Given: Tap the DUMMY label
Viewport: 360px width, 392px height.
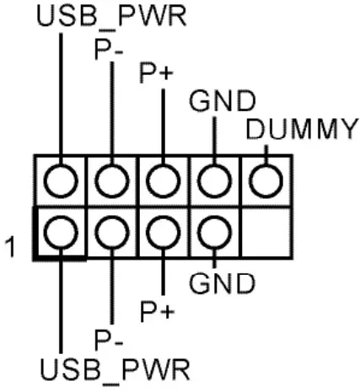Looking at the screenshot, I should coord(302,130).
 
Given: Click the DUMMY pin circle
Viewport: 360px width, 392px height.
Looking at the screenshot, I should coord(266,180).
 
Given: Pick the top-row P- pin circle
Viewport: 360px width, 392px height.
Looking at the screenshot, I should coord(110,180).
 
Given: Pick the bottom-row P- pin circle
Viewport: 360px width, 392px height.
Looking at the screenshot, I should coord(110,231).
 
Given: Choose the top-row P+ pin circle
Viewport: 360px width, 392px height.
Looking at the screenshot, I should coord(162,180).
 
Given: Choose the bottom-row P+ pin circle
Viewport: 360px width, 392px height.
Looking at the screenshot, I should coord(162,231).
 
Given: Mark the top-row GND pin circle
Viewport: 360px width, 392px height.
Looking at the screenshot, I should coord(213,180).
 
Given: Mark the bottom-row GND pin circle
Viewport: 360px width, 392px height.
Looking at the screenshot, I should coord(213,231).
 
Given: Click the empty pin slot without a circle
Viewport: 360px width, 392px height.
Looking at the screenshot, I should coord(266,231).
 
